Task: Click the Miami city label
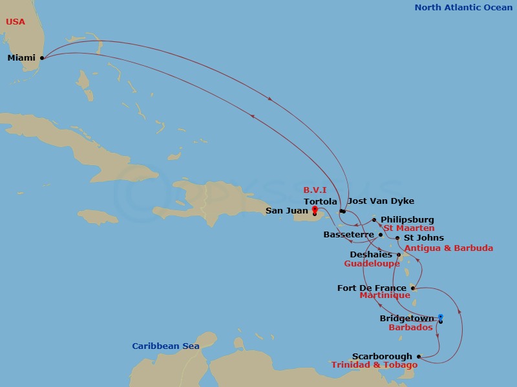click(x=21, y=58)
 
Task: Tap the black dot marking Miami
click(x=42, y=57)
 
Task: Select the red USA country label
click(x=16, y=22)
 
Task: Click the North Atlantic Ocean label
click(x=463, y=8)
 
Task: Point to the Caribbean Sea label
click(x=165, y=346)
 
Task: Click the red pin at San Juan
click(x=314, y=209)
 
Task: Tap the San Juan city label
click(x=287, y=211)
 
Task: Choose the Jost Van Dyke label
click(x=381, y=201)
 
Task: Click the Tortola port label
click(x=321, y=201)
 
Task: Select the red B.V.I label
click(x=315, y=190)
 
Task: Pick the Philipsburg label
click(x=407, y=220)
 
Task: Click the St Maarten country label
click(x=408, y=228)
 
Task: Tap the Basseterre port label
click(x=350, y=234)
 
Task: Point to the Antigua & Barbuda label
click(x=448, y=248)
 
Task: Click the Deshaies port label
click(x=371, y=255)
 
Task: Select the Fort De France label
click(x=372, y=288)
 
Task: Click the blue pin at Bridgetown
click(x=440, y=317)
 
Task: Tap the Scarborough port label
click(x=382, y=357)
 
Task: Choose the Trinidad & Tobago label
click(x=374, y=365)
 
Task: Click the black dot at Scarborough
click(x=419, y=357)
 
